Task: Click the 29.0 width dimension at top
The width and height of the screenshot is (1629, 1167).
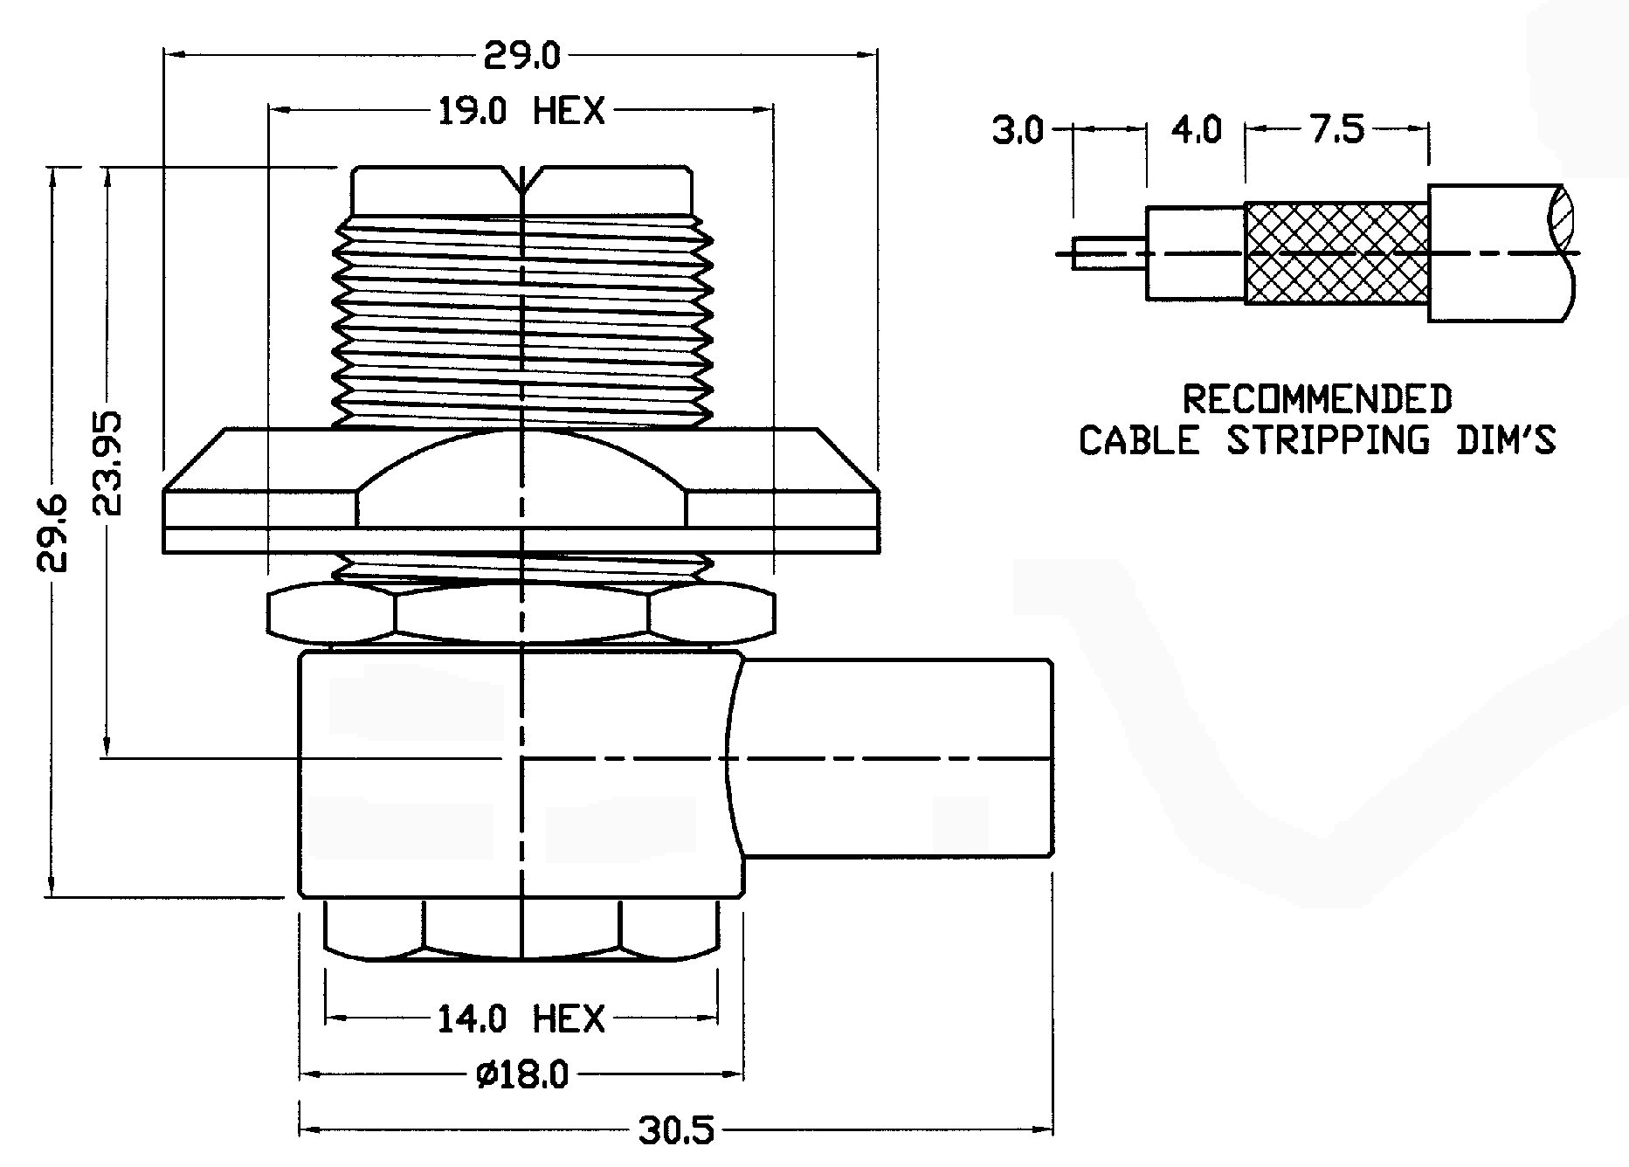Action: (x=521, y=57)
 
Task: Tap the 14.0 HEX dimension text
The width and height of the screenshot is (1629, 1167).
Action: (x=521, y=1019)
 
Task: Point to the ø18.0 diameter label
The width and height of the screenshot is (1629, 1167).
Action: (x=521, y=1074)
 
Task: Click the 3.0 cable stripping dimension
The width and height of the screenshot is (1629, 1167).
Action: (x=1018, y=131)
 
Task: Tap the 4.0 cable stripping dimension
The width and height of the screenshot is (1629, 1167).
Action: (x=1196, y=131)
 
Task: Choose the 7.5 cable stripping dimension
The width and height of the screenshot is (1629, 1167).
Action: (x=1337, y=131)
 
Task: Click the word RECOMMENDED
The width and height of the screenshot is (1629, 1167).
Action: (x=1317, y=399)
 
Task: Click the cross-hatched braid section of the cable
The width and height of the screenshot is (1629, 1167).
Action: (x=1336, y=253)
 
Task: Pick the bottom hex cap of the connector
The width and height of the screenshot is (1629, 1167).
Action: (x=521, y=929)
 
